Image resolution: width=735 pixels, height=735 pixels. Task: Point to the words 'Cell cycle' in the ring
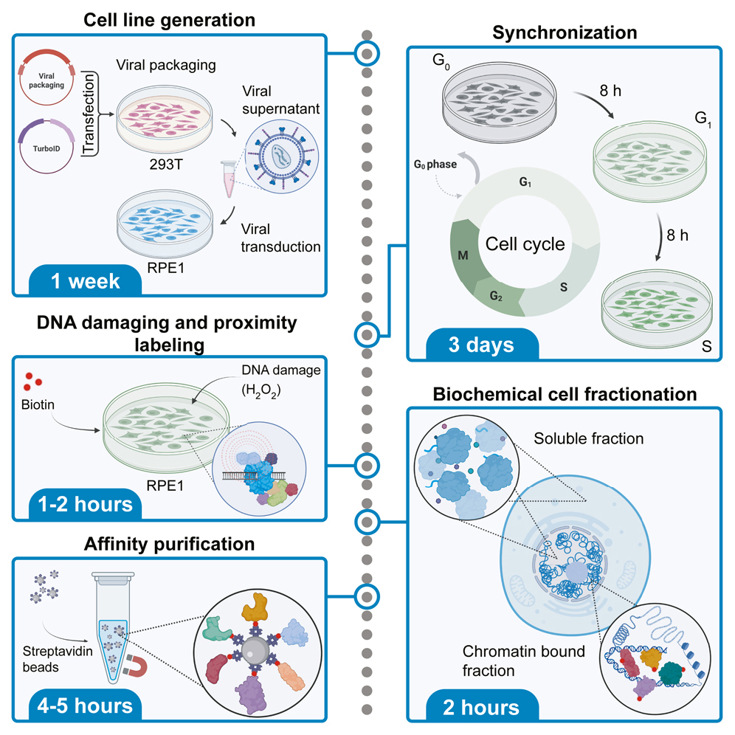click(x=525, y=243)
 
